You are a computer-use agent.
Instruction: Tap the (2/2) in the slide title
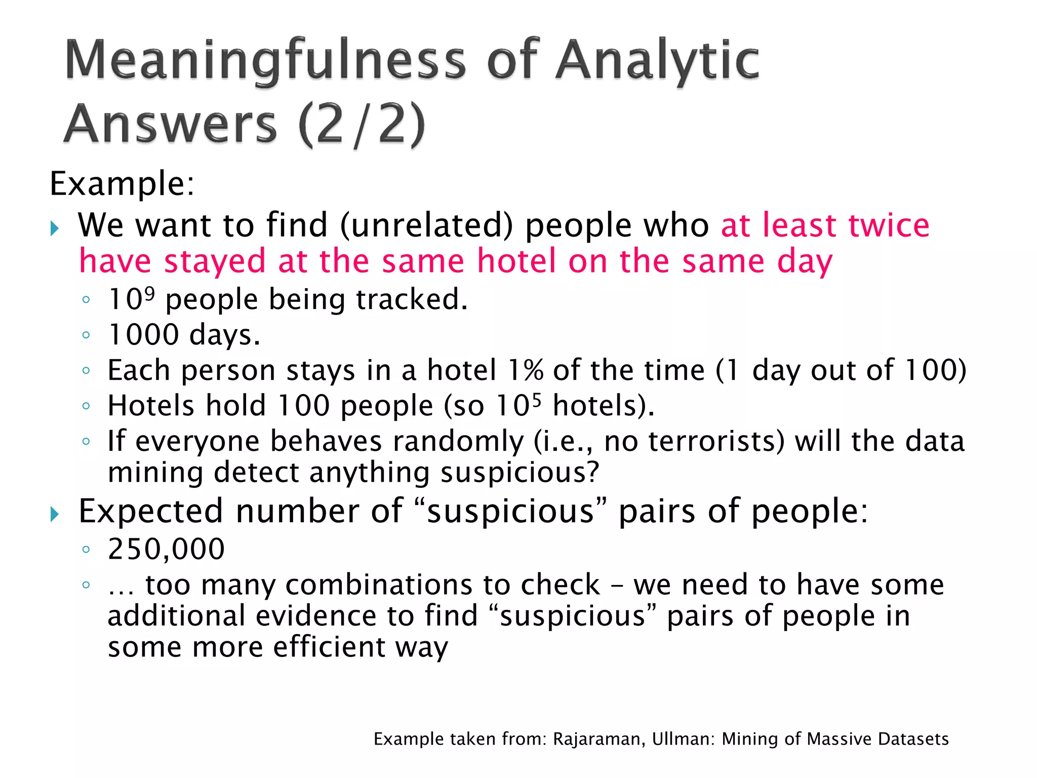pyautogui.click(x=362, y=124)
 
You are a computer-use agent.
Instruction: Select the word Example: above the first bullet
pyautogui.click(x=122, y=183)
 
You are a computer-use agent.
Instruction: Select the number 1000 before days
pyautogui.click(x=144, y=335)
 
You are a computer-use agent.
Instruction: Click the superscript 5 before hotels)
pyautogui.click(x=536, y=400)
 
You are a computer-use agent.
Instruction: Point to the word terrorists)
pyautogui.click(x=716, y=441)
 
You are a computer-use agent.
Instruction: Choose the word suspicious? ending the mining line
pyautogui.click(x=520, y=473)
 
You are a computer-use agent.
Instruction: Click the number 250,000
pyautogui.click(x=166, y=549)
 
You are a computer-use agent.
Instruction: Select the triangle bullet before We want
pyautogui.click(x=55, y=228)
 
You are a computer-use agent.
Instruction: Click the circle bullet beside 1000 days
pyautogui.click(x=86, y=335)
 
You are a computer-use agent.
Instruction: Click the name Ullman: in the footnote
pyautogui.click(x=683, y=740)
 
